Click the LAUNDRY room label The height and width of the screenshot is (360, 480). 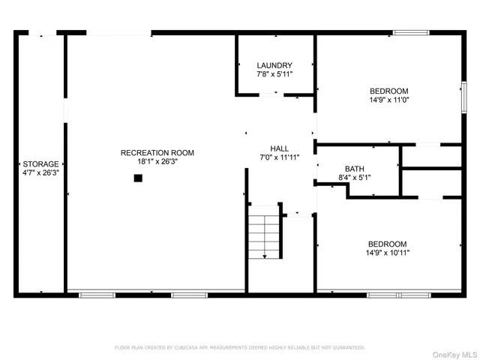click(274, 65)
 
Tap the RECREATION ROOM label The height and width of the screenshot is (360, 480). click(157, 153)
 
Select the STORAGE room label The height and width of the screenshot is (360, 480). click(40, 163)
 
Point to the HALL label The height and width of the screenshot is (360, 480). click(280, 148)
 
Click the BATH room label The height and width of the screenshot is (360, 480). click(355, 169)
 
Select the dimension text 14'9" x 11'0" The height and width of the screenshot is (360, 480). click(388, 99)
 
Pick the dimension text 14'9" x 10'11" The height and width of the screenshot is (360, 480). click(387, 253)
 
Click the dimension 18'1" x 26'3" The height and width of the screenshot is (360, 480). click(157, 162)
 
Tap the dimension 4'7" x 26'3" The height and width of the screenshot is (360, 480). click(40, 172)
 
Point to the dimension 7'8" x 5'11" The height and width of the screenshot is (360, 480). click(274, 74)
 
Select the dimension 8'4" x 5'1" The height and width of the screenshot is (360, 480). click(355, 178)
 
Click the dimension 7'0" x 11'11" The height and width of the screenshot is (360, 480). click(280, 157)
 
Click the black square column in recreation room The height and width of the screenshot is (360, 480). click(138, 178)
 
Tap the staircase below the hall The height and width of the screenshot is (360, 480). click(263, 235)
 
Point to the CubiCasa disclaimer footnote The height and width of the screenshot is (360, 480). click(239, 347)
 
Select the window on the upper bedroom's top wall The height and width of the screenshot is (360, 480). click(411, 32)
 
